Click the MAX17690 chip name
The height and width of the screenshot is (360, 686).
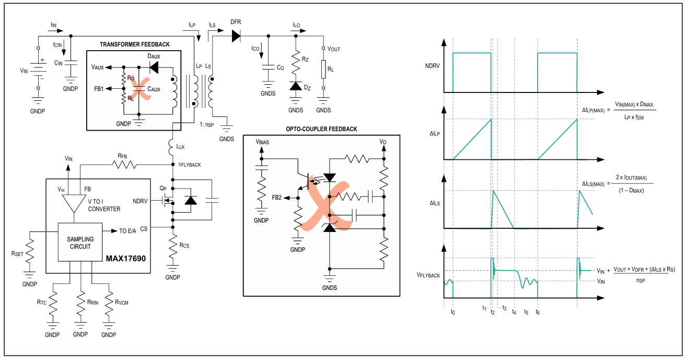coord(126,258)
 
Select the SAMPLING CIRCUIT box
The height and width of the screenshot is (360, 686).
coord(80,242)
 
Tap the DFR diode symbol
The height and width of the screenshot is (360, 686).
coord(236,36)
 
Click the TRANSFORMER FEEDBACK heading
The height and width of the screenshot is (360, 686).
coord(135,44)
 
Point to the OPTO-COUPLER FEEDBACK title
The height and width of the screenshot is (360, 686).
coord(321,129)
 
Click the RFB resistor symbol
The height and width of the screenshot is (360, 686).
coord(124,165)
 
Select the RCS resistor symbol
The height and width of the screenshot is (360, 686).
coord(173,246)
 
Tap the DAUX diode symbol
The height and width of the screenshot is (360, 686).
coord(154,67)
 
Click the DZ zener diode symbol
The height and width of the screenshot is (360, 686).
coord(296,86)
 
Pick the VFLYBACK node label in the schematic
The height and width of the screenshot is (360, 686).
coord(190,165)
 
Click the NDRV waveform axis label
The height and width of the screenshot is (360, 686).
coord(433,66)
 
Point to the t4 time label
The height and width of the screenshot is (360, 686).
coord(514,312)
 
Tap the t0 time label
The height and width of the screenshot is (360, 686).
coord(453,312)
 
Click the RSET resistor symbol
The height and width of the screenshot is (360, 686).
coord(30,251)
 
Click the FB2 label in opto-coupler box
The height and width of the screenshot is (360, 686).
coord(276,198)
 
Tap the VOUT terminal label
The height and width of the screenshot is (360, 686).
coord(334,49)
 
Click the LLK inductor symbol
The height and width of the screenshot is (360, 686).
coord(171,147)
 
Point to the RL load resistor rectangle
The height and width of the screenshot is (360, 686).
coord(323,69)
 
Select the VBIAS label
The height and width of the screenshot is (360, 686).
coord(262,142)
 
